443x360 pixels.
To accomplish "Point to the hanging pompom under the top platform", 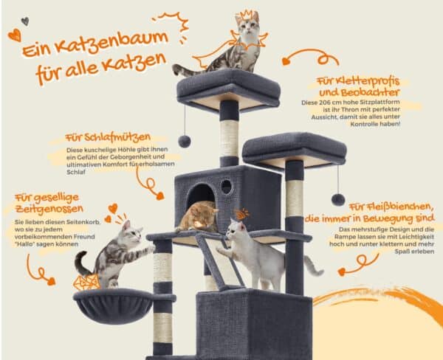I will tap(184, 140).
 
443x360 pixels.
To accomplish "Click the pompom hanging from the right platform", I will tap(337, 199).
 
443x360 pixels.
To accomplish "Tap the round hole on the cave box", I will tap(226, 187).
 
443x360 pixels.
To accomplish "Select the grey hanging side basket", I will tap(112, 304).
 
